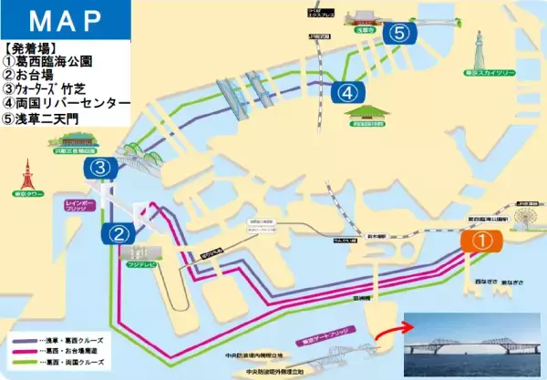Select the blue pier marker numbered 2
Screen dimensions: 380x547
coord(119,233)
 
